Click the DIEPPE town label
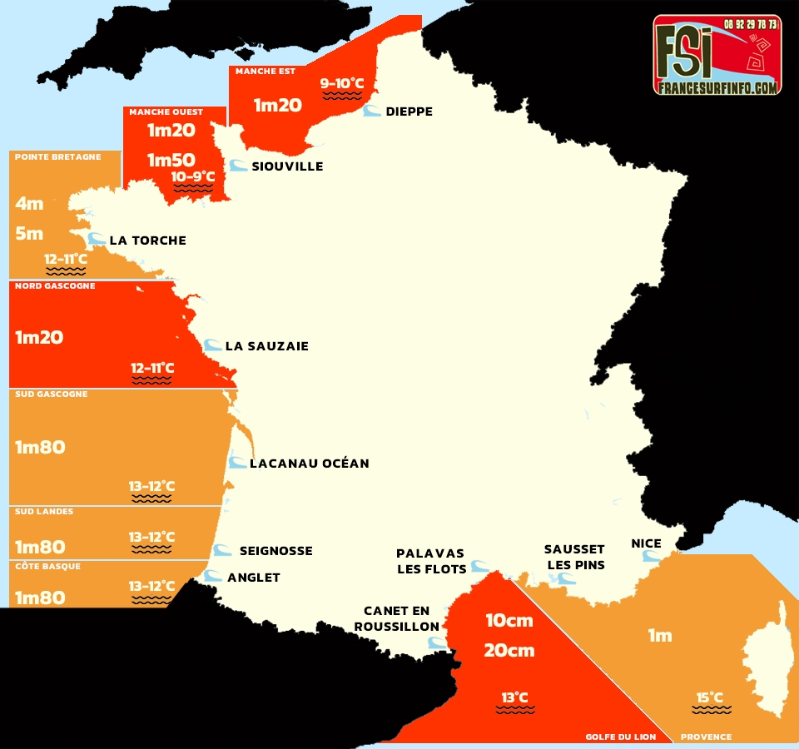pyautogui.click(x=409, y=112)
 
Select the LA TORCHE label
pyautogui.click(x=147, y=241)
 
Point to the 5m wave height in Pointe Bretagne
pyautogui.click(x=29, y=234)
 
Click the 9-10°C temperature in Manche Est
pyautogui.click(x=342, y=83)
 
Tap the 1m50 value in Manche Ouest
pyautogui.click(x=171, y=160)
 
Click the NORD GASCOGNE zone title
pyautogui.click(x=55, y=286)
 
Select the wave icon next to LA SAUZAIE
pyautogui.click(x=212, y=345)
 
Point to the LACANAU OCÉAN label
pyautogui.click(x=309, y=463)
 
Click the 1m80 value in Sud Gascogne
pyautogui.click(x=40, y=447)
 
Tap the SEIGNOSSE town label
pyautogui.click(x=275, y=551)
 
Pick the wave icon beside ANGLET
pyautogui.click(x=214, y=576)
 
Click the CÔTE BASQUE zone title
pyautogui.click(x=47, y=566)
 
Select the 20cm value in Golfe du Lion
pyautogui.click(x=509, y=651)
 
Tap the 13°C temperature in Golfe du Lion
pyautogui.click(x=514, y=697)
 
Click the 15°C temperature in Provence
pyautogui.click(x=710, y=697)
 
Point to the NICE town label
pyautogui.click(x=646, y=543)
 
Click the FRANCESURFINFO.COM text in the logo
pyautogui.click(x=717, y=87)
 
